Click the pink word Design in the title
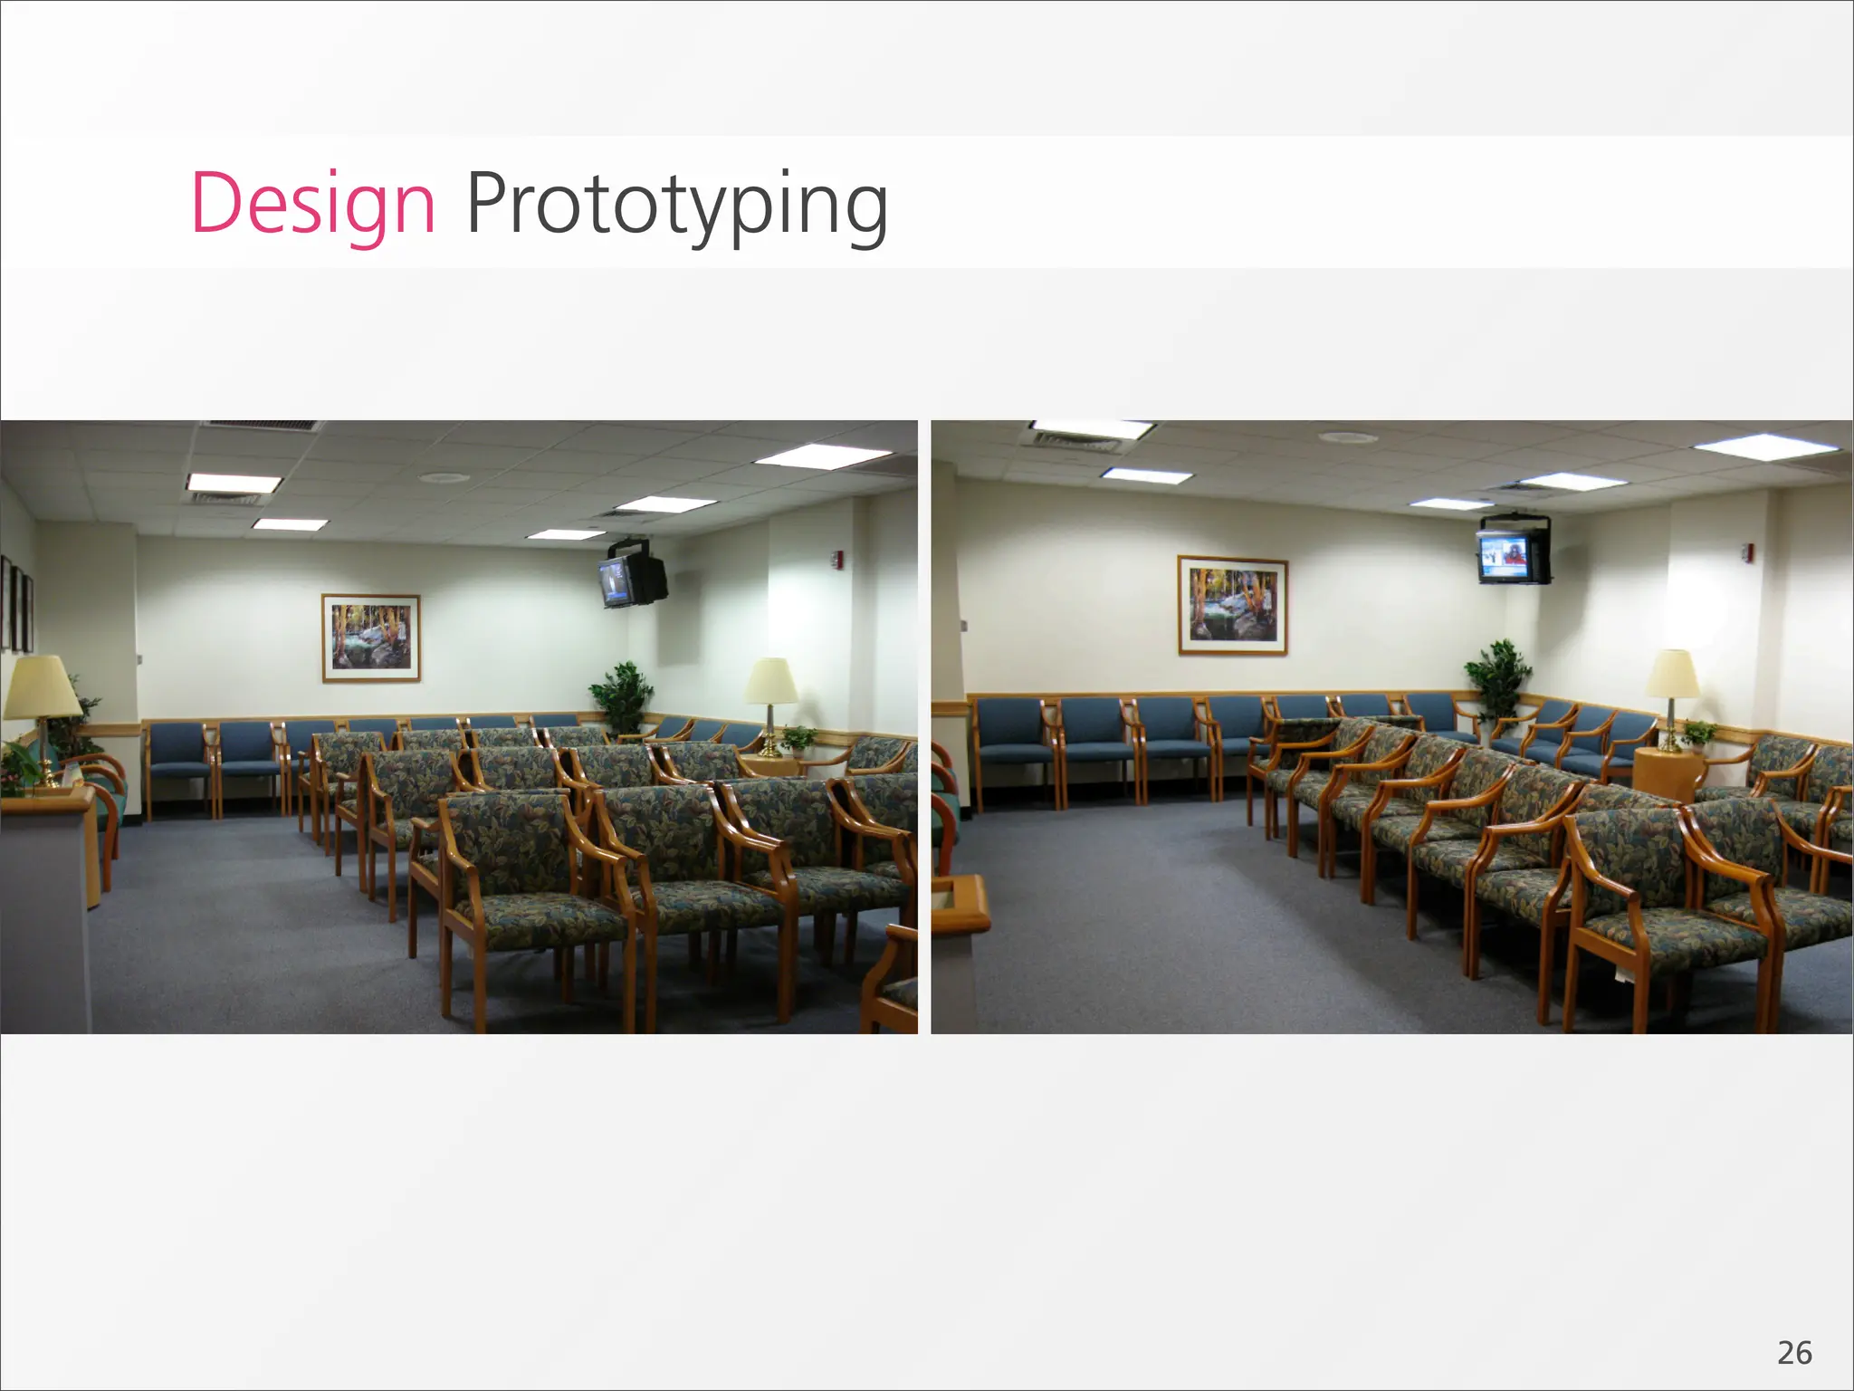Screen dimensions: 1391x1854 click(x=313, y=204)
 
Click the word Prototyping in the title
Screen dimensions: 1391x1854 click(x=676, y=206)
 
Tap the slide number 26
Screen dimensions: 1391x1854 click(x=1794, y=1353)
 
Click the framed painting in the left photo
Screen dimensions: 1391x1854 click(x=371, y=638)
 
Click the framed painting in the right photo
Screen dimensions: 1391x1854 click(x=1232, y=604)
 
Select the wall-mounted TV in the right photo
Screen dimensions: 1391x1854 click(x=1512, y=552)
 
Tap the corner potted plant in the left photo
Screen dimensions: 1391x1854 click(x=622, y=695)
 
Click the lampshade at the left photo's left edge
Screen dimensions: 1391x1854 click(x=40, y=687)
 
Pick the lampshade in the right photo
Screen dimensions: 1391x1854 click(x=1672, y=674)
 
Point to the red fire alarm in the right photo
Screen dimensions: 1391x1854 click(x=1746, y=551)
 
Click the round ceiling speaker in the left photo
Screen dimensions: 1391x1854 click(x=444, y=477)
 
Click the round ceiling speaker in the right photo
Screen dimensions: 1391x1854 click(x=1347, y=438)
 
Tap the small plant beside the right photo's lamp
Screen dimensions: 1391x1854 click(x=1699, y=733)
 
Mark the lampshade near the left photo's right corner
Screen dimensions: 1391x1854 click(x=770, y=680)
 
